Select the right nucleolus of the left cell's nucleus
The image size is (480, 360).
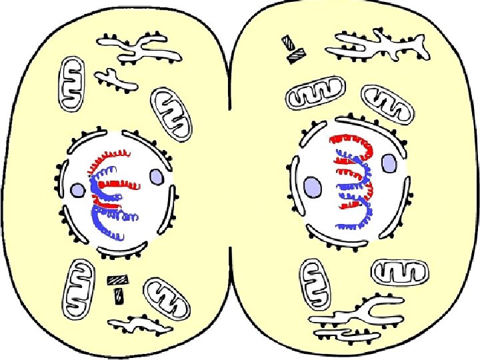(x=156, y=177)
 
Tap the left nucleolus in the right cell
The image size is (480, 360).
(x=311, y=186)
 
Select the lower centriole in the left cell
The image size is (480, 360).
(x=118, y=293)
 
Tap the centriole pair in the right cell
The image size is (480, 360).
(x=291, y=50)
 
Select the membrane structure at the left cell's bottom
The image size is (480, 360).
(x=141, y=325)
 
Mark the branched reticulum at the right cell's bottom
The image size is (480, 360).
(x=357, y=317)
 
